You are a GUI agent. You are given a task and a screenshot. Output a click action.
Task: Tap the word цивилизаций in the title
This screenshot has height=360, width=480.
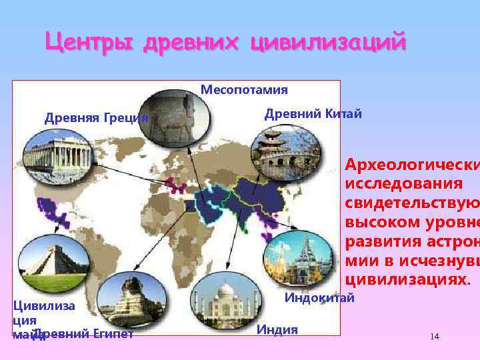pos(328,43)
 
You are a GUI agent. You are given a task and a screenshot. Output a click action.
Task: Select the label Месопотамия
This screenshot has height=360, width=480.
pos(244,90)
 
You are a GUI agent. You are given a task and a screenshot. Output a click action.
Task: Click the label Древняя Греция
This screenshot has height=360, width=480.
pos(96,119)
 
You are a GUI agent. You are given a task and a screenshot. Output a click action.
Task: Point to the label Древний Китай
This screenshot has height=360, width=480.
pos(313,113)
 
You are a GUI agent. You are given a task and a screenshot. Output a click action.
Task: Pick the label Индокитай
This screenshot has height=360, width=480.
pos(319,297)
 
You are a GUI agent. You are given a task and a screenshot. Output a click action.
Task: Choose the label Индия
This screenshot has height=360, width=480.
pos(277,329)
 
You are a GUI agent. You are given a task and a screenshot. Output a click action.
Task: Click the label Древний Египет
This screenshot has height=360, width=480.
pos(83,334)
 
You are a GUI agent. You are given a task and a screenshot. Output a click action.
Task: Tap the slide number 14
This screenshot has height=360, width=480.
pos(435,337)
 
